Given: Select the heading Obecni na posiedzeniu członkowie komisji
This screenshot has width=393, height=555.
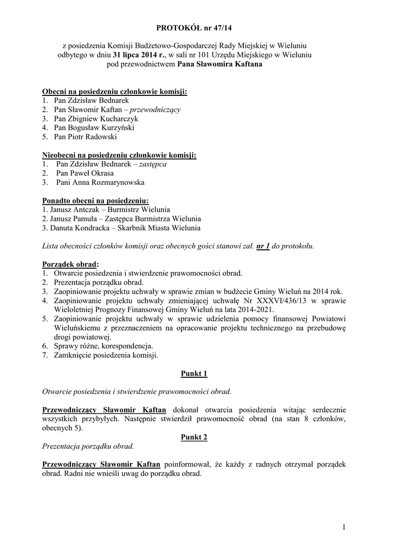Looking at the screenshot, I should click(x=114, y=92).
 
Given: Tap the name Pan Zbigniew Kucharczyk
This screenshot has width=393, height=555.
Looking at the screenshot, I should click(x=96, y=118).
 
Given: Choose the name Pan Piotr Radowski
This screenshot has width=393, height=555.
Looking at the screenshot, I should click(x=85, y=137).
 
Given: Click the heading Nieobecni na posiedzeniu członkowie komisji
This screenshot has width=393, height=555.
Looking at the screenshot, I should click(x=119, y=155).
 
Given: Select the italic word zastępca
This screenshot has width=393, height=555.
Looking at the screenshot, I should click(x=153, y=164).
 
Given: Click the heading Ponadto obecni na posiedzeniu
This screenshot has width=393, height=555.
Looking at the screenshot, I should click(x=95, y=201).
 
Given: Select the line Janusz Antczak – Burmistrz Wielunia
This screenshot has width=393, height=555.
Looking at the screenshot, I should click(x=109, y=209).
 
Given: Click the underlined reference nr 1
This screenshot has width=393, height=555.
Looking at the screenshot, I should click(x=263, y=246).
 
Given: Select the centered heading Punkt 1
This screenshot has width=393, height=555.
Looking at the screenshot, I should click(x=194, y=373).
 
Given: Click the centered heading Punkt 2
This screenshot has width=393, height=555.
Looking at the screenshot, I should click(x=194, y=437).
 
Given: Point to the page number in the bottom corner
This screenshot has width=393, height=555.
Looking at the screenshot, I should click(x=344, y=526).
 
